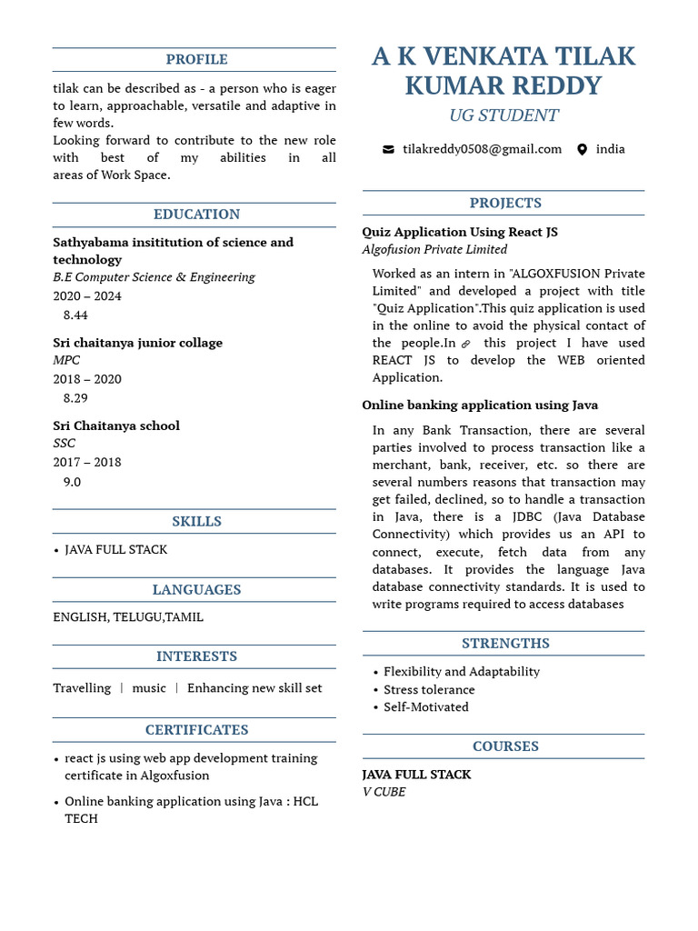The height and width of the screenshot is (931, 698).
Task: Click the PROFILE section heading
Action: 196,60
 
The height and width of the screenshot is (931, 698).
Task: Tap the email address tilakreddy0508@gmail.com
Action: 482,149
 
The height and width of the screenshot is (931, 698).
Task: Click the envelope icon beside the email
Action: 388,149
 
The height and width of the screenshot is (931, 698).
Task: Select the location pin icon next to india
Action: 582,149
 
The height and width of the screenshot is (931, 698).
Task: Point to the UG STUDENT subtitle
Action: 504,115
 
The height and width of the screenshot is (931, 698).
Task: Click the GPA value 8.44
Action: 75,315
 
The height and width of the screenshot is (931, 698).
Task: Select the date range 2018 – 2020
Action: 87,379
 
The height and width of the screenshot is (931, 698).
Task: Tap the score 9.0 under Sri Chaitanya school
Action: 72,482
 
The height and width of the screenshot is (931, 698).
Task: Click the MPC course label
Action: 66,361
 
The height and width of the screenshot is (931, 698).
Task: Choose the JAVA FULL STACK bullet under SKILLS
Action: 115,550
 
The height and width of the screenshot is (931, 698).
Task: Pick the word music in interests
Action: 149,688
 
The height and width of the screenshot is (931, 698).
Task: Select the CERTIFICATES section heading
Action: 196,730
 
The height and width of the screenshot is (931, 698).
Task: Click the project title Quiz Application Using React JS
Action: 460,232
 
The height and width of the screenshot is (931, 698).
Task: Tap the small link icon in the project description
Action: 466,344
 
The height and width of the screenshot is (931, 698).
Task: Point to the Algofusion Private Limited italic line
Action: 434,250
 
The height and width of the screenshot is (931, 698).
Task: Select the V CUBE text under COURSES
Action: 384,792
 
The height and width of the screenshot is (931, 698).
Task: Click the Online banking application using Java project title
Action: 480,405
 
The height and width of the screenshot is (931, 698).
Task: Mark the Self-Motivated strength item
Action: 425,707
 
